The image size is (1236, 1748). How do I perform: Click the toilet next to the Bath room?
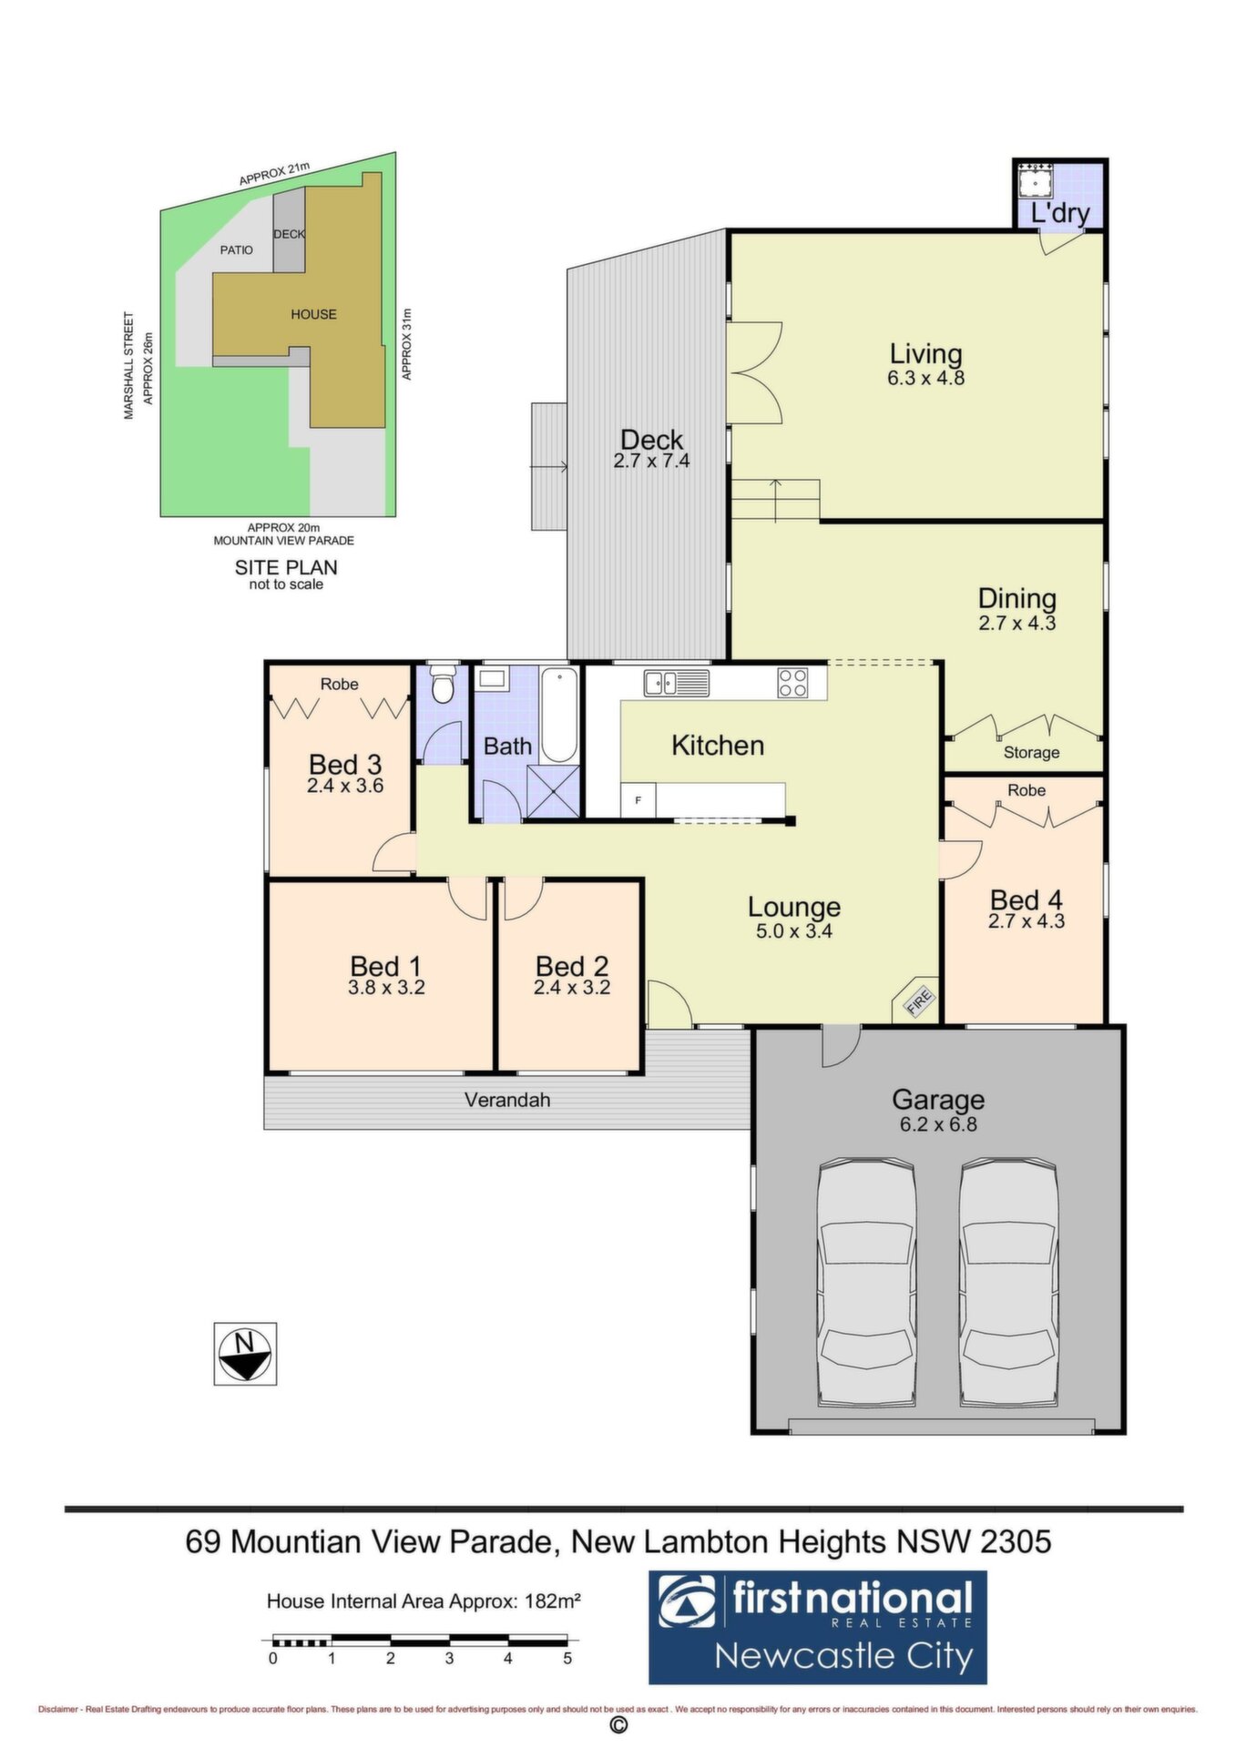click(443, 685)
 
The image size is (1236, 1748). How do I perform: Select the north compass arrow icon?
click(245, 1354)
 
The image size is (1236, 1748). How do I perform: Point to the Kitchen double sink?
click(676, 683)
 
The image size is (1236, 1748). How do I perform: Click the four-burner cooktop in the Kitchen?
click(792, 683)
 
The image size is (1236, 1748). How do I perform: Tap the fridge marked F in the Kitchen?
click(638, 800)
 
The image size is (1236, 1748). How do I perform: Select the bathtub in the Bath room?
click(559, 715)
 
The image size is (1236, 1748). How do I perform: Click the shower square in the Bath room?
click(553, 791)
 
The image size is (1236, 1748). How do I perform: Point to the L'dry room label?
click(1060, 213)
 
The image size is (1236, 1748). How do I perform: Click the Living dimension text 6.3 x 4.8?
click(925, 377)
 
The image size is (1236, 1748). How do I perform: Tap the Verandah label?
click(507, 1100)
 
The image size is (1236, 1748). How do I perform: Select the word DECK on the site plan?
click(290, 234)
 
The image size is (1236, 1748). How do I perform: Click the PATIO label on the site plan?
click(237, 249)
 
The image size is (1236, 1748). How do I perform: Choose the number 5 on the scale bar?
click(567, 1658)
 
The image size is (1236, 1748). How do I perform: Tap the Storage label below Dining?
click(1031, 753)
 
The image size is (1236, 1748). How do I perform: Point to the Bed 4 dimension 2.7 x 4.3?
click(1027, 920)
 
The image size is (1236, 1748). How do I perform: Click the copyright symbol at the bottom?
click(618, 1726)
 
